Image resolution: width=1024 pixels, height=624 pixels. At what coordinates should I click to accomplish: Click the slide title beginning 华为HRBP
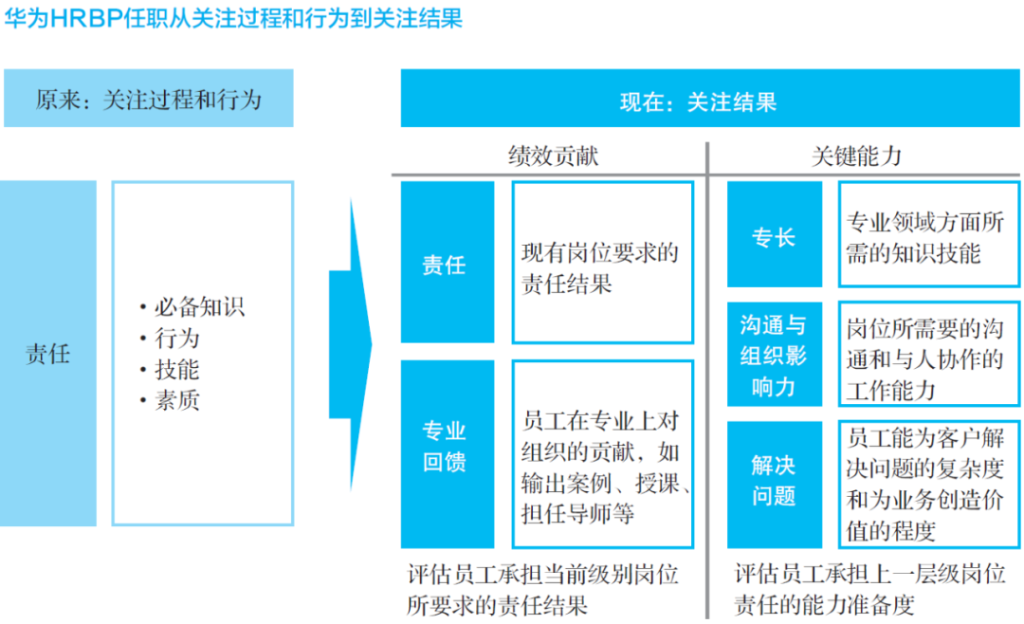(x=233, y=18)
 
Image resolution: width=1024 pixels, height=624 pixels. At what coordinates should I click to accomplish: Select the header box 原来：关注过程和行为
(x=148, y=98)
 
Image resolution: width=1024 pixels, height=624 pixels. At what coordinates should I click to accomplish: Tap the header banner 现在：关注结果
(x=710, y=98)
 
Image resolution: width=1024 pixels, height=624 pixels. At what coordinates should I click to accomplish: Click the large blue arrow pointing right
(x=351, y=344)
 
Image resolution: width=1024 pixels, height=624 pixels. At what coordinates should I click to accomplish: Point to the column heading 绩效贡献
(x=553, y=156)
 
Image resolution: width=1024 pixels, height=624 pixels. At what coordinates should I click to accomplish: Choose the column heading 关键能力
(x=856, y=156)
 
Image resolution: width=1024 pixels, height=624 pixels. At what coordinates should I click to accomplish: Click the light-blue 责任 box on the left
(x=47, y=353)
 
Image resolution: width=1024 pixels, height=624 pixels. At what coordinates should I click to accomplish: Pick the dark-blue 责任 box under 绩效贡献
(x=448, y=262)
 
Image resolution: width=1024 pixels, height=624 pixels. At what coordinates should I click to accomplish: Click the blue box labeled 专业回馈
(x=448, y=454)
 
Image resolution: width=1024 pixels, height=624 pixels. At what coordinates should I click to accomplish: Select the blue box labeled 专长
(x=775, y=234)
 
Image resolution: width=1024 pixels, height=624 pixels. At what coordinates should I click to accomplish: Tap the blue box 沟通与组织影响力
(x=775, y=354)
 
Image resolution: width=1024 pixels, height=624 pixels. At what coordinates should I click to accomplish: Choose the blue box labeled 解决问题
(x=775, y=485)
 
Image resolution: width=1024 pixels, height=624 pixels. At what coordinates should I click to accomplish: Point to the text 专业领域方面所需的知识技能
(x=924, y=238)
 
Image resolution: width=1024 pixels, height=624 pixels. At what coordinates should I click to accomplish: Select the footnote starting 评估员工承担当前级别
(x=542, y=590)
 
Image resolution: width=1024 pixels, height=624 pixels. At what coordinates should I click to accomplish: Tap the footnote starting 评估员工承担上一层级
(x=869, y=590)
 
